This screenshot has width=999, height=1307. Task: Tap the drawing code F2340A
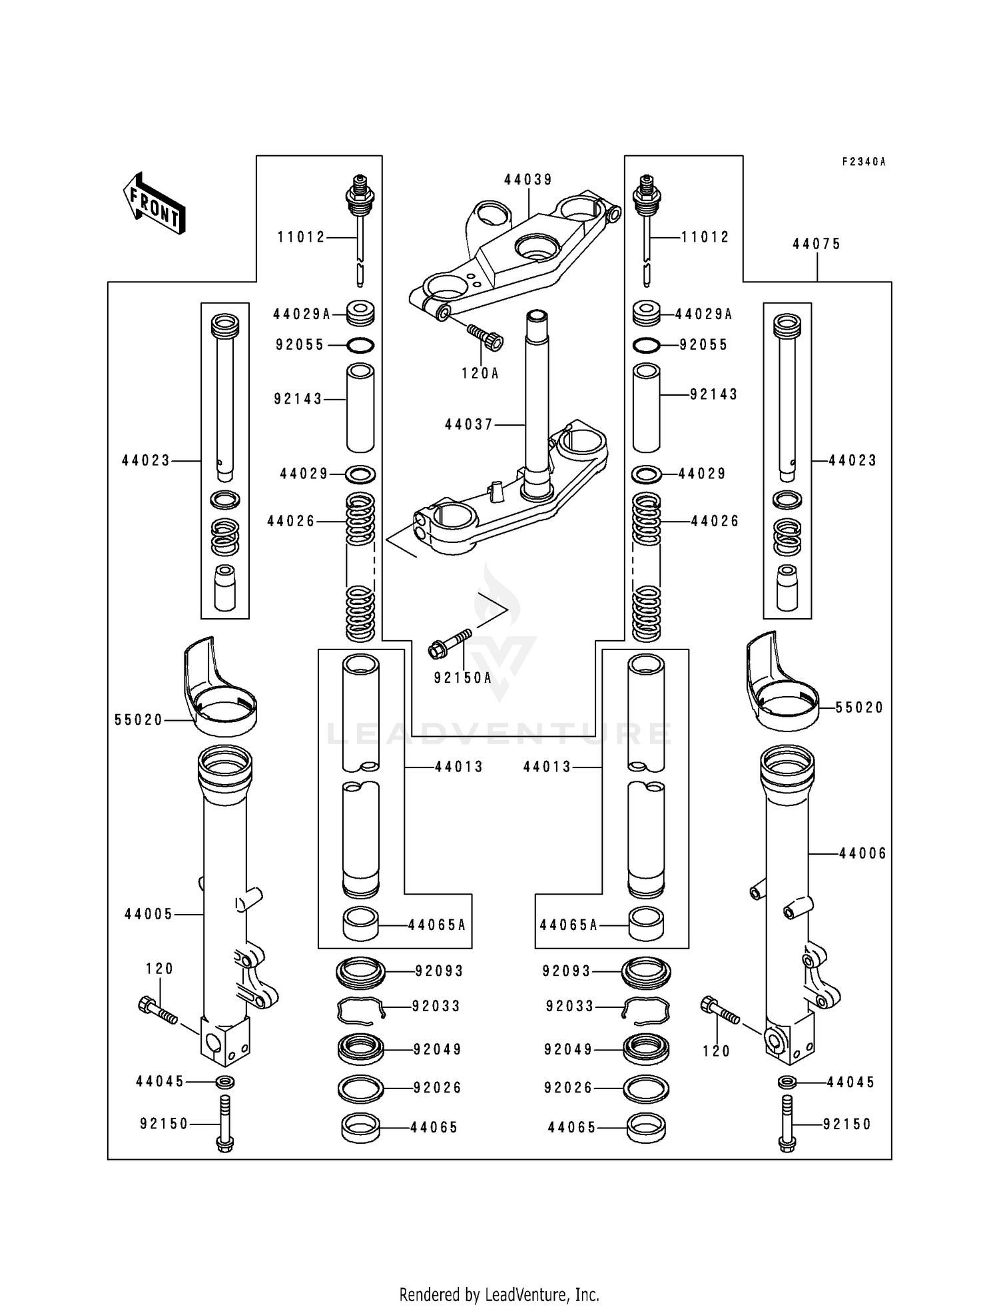pyautogui.click(x=864, y=162)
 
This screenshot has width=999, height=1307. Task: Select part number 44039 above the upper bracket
pyautogui.click(x=528, y=180)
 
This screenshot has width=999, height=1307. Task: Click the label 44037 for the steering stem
pyautogui.click(x=469, y=424)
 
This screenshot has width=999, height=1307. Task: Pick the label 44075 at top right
pyautogui.click(x=817, y=244)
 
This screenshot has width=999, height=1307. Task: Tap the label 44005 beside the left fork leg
pyautogui.click(x=149, y=915)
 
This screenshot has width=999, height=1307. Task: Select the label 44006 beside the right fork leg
pyautogui.click(x=862, y=853)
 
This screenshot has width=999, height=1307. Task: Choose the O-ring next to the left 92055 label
pyautogui.click(x=360, y=345)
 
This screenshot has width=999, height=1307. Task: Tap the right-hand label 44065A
pyautogui.click(x=569, y=925)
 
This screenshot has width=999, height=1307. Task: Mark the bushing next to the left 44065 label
pyautogui.click(x=360, y=1128)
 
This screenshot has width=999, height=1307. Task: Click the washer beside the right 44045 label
pyautogui.click(x=787, y=1083)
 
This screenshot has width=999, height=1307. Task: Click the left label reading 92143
pyautogui.click(x=298, y=399)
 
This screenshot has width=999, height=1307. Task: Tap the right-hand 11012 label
pyautogui.click(x=705, y=237)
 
